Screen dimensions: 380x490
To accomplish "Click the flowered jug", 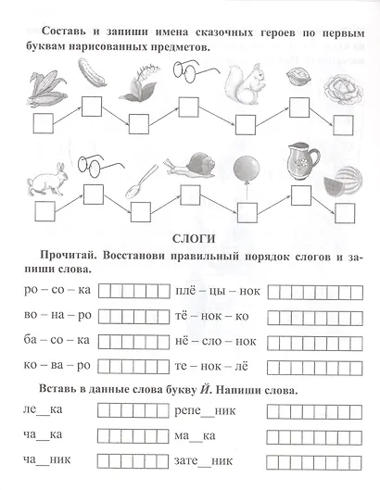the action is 298,160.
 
